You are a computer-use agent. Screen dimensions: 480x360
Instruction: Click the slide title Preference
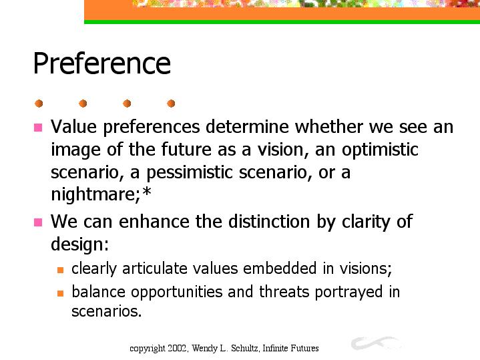tap(101, 63)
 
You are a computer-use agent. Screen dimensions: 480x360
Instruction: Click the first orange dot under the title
tap(39, 104)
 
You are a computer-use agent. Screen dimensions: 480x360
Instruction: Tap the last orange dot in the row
tap(171, 104)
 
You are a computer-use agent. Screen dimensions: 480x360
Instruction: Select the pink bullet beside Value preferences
tap(38, 128)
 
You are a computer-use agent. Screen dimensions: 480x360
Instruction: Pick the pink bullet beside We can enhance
tap(38, 222)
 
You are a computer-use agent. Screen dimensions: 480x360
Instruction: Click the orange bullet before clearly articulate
tap(60, 270)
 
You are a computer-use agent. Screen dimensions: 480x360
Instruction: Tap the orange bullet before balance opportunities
tap(60, 293)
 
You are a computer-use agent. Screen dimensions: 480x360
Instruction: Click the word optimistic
tap(380, 150)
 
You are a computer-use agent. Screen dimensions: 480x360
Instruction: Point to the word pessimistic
tap(190, 172)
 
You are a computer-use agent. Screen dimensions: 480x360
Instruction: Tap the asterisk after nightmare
tap(147, 192)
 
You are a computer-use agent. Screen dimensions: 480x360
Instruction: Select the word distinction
tap(270, 221)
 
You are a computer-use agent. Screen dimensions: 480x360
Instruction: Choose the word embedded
tap(280, 268)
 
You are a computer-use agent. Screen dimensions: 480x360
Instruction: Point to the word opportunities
tap(177, 293)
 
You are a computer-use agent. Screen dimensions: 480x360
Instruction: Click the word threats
tap(284, 291)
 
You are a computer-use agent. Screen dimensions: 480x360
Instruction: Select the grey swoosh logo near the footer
tap(377, 343)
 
